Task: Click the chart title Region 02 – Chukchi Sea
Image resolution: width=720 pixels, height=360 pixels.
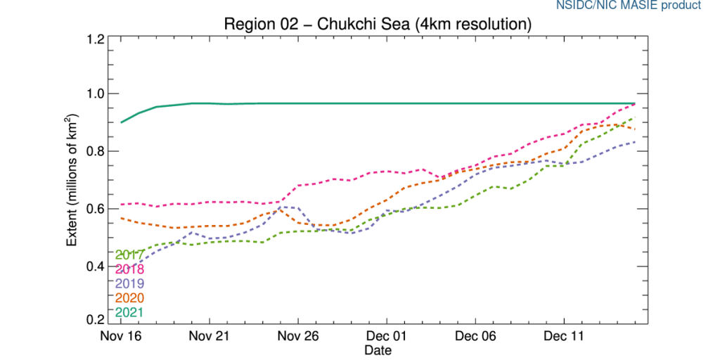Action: click(x=376, y=24)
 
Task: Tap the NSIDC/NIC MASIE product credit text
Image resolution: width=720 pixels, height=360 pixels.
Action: click(x=638, y=6)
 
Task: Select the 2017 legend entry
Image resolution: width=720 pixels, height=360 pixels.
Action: click(x=130, y=255)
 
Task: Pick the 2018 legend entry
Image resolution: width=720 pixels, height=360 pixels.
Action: click(x=130, y=269)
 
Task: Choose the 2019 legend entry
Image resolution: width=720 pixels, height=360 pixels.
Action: click(x=130, y=283)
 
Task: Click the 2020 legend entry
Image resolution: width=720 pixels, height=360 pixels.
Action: click(x=130, y=298)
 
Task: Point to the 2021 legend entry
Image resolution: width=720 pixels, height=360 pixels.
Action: click(x=130, y=312)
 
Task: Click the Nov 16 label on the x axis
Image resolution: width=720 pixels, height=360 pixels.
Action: click(x=122, y=337)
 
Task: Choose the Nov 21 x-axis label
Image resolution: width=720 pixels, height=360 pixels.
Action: click(x=210, y=337)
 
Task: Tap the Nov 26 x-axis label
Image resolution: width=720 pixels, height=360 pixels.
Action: click(x=299, y=337)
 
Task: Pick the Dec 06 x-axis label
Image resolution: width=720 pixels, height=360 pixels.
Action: click(x=476, y=337)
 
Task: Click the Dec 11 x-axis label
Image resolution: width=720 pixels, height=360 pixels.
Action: click(x=565, y=337)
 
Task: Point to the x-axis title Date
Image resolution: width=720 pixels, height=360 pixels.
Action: click(x=378, y=349)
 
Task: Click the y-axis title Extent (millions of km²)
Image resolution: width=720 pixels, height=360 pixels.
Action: click(x=72, y=180)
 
